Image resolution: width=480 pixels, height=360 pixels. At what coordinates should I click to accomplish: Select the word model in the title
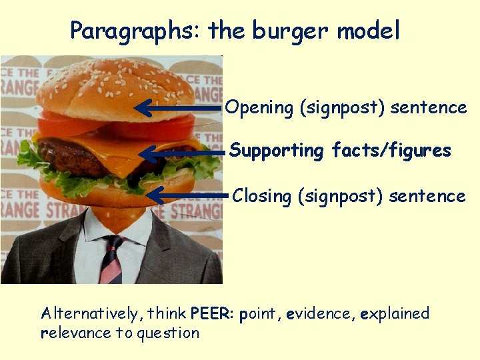(x=369, y=30)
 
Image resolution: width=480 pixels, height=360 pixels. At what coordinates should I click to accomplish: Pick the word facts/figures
(x=391, y=151)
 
